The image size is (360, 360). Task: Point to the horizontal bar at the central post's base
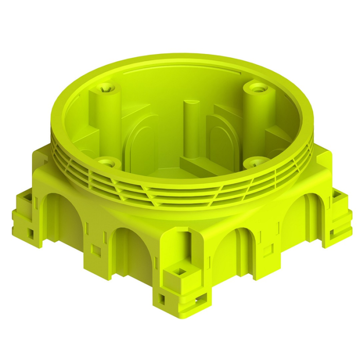click(x=206, y=166)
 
